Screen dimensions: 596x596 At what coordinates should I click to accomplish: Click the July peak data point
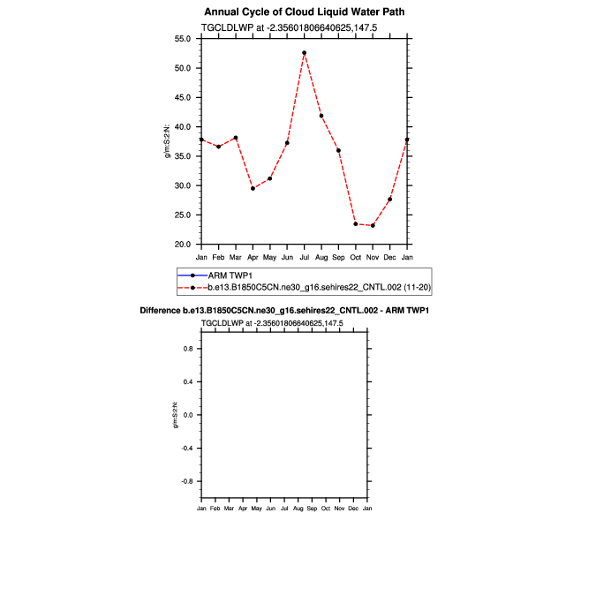[304, 53]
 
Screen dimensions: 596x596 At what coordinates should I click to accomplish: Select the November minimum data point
[373, 225]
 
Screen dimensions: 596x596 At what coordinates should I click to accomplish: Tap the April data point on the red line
[253, 188]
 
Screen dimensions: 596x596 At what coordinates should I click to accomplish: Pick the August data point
[321, 116]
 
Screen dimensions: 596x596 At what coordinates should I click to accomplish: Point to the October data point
[356, 224]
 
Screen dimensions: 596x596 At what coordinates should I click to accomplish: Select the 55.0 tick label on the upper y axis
[184, 39]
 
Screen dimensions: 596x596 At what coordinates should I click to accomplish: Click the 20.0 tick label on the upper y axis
[184, 245]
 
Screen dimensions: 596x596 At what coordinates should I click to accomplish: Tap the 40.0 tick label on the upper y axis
[184, 127]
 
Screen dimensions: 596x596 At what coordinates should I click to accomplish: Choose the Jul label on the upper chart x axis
[304, 257]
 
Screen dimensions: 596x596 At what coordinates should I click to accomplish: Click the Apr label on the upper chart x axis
[253, 257]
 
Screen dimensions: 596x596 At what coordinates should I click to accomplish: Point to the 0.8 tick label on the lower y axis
[187, 349]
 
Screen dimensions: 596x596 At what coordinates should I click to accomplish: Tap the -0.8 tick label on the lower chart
[186, 482]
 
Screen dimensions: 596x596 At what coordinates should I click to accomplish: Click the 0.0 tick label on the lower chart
[187, 415]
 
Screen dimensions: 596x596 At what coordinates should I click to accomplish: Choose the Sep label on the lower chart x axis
[312, 509]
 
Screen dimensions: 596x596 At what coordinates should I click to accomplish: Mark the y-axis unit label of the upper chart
[168, 141]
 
